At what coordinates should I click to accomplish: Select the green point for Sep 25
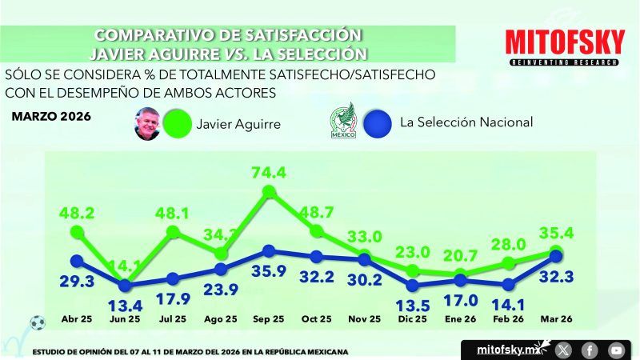pyautogui.click(x=269, y=192)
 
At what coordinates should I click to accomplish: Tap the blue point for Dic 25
pyautogui.click(x=413, y=285)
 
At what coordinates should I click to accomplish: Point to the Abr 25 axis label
pyautogui.click(x=77, y=319)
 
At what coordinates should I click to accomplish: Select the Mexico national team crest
pyautogui.click(x=341, y=122)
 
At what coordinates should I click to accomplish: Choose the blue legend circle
pyautogui.click(x=375, y=123)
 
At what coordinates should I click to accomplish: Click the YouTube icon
pyautogui.click(x=615, y=350)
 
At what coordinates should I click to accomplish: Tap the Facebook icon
pyautogui.click(x=590, y=350)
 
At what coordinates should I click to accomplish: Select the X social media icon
pyautogui.click(x=564, y=350)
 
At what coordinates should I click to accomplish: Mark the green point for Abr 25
pyautogui.click(x=77, y=232)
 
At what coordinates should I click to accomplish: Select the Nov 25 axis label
pyautogui.click(x=365, y=319)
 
